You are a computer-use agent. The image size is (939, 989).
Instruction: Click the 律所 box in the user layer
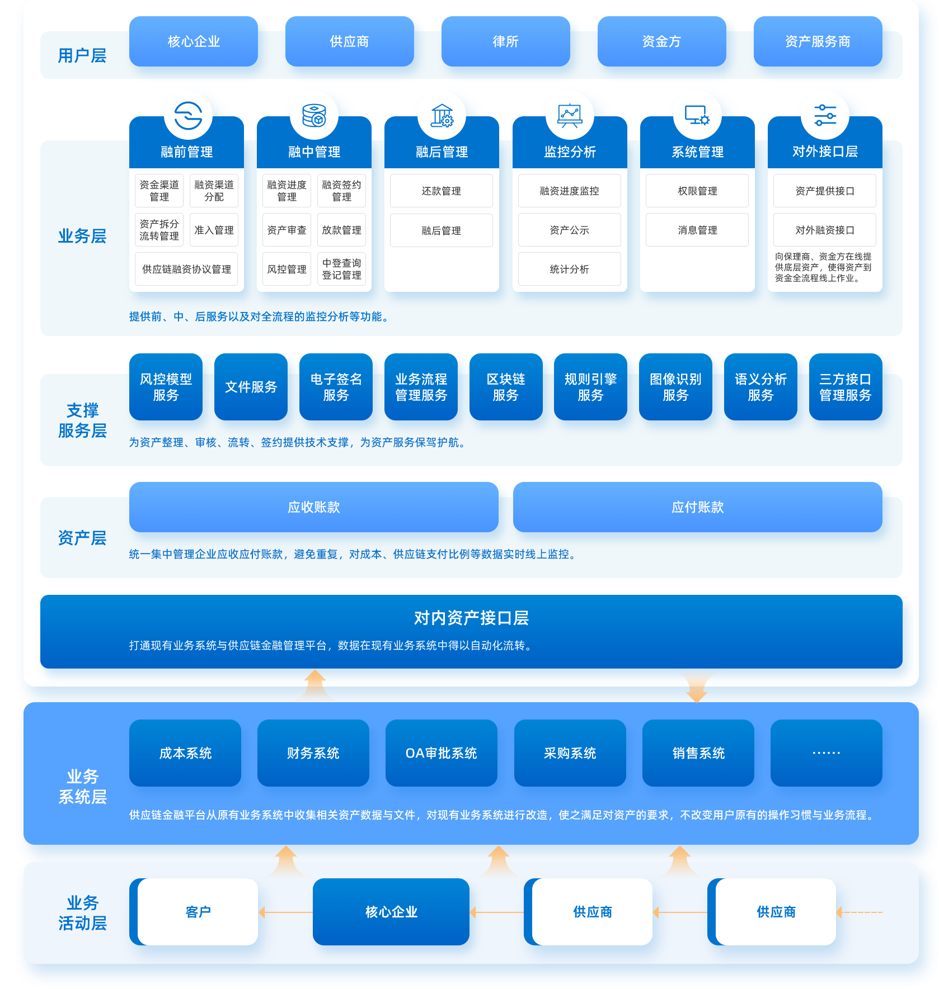point(505,41)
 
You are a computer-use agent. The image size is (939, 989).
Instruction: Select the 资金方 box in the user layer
point(661,41)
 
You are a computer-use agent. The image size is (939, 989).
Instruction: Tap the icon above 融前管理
point(188,116)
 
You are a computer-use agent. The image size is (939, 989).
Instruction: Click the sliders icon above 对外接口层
point(825,115)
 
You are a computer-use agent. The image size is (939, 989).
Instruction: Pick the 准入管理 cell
point(214,230)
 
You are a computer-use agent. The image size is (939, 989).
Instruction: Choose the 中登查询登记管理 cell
point(341,269)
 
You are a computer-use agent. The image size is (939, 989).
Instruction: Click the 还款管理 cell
point(441,191)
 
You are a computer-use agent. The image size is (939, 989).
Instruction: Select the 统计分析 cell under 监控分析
point(569,269)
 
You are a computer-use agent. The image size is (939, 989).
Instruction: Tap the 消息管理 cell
point(697,230)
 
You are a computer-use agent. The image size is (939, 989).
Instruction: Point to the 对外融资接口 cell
point(824,230)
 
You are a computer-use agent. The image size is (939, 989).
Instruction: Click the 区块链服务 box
point(505,387)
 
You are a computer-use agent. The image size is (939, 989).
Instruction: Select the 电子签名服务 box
point(336,387)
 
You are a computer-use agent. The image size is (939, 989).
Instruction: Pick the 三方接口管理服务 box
point(845,387)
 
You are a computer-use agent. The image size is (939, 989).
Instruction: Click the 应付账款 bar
point(697,507)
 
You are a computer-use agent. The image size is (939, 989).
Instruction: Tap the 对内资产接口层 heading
point(471,618)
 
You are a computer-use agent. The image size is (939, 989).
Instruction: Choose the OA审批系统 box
point(441,753)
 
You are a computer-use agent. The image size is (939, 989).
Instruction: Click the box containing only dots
point(826,753)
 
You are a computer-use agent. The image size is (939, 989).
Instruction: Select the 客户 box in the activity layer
point(198,912)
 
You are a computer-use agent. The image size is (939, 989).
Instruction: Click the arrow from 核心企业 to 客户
point(285,912)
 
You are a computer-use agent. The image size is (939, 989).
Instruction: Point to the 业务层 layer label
point(82,236)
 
